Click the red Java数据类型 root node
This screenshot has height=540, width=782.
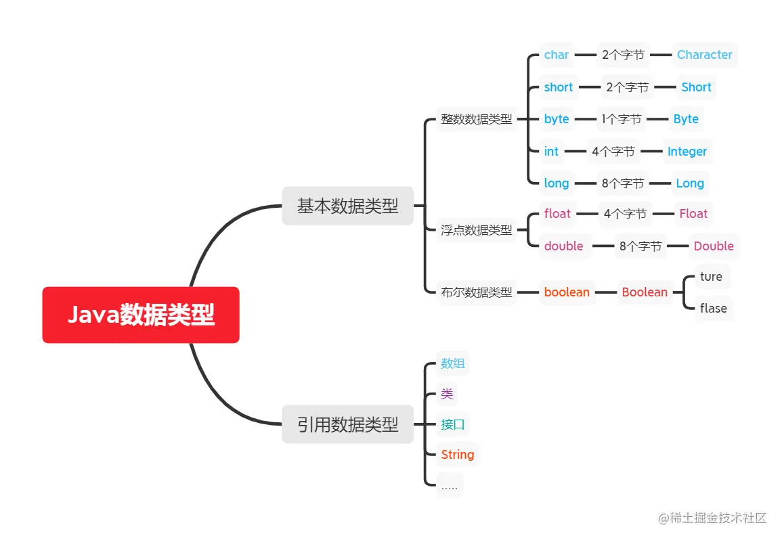(x=141, y=315)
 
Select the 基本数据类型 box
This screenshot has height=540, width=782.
(x=347, y=206)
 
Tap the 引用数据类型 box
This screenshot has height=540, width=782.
(x=347, y=424)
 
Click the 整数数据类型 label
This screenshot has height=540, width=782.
(x=477, y=119)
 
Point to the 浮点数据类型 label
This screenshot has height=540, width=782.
(x=477, y=230)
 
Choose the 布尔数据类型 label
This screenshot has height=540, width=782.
(x=477, y=292)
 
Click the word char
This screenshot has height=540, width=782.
(x=557, y=55)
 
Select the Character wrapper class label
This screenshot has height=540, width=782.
(x=704, y=55)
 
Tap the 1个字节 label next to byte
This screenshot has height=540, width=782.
(x=621, y=119)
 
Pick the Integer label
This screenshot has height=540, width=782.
(x=687, y=152)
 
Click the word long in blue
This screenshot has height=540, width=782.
(x=557, y=183)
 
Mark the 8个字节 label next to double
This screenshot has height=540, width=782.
(x=640, y=246)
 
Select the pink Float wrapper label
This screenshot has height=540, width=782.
(x=693, y=214)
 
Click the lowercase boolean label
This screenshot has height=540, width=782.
(x=567, y=292)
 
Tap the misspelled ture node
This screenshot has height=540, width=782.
(x=711, y=276)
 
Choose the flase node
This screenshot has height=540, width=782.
(x=713, y=309)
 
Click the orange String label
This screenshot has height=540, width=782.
(x=457, y=455)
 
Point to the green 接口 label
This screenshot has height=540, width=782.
(x=452, y=424)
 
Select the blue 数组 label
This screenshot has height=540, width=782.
(x=452, y=363)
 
